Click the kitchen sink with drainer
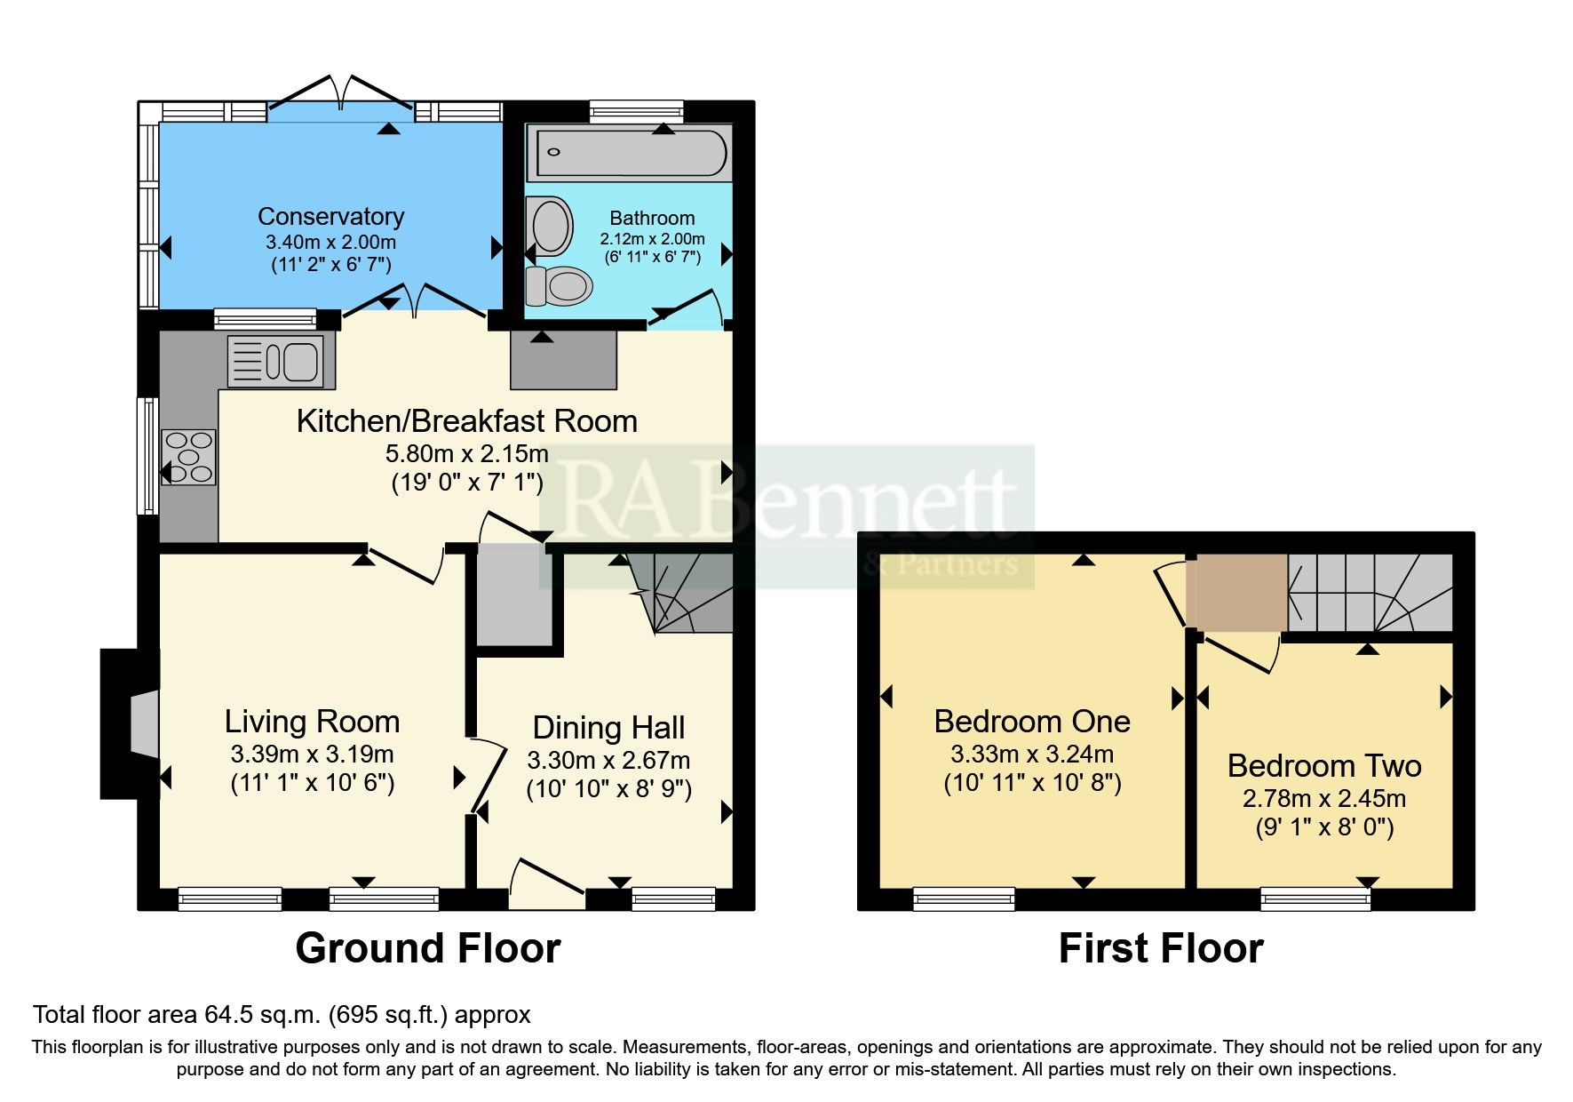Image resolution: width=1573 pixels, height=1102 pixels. [281, 362]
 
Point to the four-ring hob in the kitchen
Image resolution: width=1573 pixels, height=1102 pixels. [189, 457]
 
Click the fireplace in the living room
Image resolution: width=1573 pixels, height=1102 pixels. [142, 723]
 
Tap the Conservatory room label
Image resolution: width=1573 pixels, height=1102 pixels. [330, 216]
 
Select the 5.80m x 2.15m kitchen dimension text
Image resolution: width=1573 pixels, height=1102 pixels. [466, 453]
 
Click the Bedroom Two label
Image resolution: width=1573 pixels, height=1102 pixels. [1323, 765]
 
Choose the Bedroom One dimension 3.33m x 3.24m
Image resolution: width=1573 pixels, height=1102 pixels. [1031, 755]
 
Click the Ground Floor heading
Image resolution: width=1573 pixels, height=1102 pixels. [427, 948]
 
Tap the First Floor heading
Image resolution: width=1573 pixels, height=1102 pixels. [1160, 948]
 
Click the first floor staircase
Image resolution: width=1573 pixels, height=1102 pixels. [1369, 591]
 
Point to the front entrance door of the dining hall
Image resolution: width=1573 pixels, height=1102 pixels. [547, 885]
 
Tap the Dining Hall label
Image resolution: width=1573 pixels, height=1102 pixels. [608, 728]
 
